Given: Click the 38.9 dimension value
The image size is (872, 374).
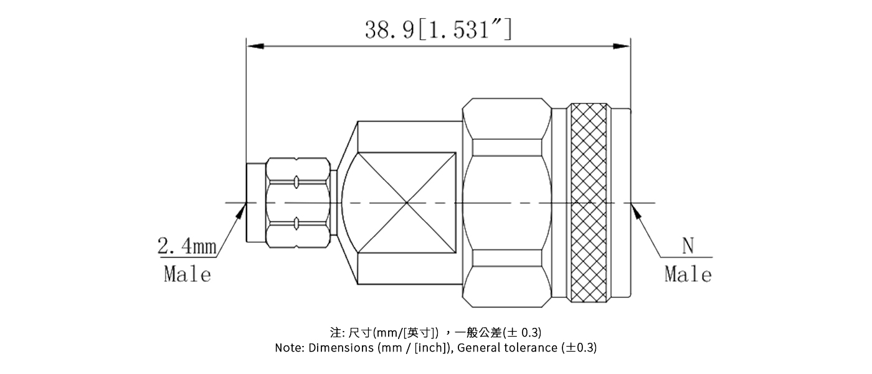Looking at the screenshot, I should (x=389, y=29).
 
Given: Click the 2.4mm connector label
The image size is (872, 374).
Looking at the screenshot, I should (x=186, y=247).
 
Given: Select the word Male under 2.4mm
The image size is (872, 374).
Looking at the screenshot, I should (x=187, y=274).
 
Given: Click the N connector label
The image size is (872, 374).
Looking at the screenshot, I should (x=688, y=247).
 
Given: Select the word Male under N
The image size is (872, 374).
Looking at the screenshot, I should (x=688, y=274).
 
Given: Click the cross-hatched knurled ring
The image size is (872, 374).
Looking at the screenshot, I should (x=589, y=203).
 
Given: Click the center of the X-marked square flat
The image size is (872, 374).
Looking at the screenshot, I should (x=406, y=203).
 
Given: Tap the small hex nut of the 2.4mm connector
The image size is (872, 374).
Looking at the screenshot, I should (x=298, y=203).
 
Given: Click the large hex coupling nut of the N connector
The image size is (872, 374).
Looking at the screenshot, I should (x=507, y=203).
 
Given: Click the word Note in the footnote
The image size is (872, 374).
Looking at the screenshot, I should (x=290, y=348).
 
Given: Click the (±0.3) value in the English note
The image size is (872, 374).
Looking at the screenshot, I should (x=579, y=348).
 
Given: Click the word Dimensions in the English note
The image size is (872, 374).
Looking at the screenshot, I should (x=342, y=348).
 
